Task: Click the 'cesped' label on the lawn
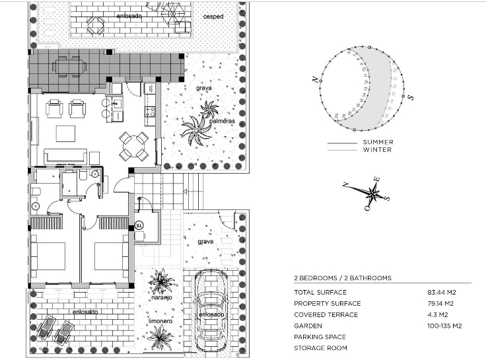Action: pos(213,17)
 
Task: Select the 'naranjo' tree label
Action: pos(161,298)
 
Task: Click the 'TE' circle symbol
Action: pos(139,225)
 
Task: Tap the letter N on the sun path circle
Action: pos(315,80)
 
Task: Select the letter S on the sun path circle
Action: pos(410,97)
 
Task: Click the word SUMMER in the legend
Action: pos(378,142)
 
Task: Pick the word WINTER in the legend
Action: pos(377,150)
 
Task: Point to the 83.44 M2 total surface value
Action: pos(442,292)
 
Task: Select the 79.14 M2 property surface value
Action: pos(442,303)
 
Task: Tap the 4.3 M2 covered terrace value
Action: pos(438,314)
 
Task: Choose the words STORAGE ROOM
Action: pos(320,348)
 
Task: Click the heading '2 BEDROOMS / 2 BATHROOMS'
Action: pos(342,278)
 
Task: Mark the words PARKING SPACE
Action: pos(320,337)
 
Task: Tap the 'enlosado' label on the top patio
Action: pos(129,15)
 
